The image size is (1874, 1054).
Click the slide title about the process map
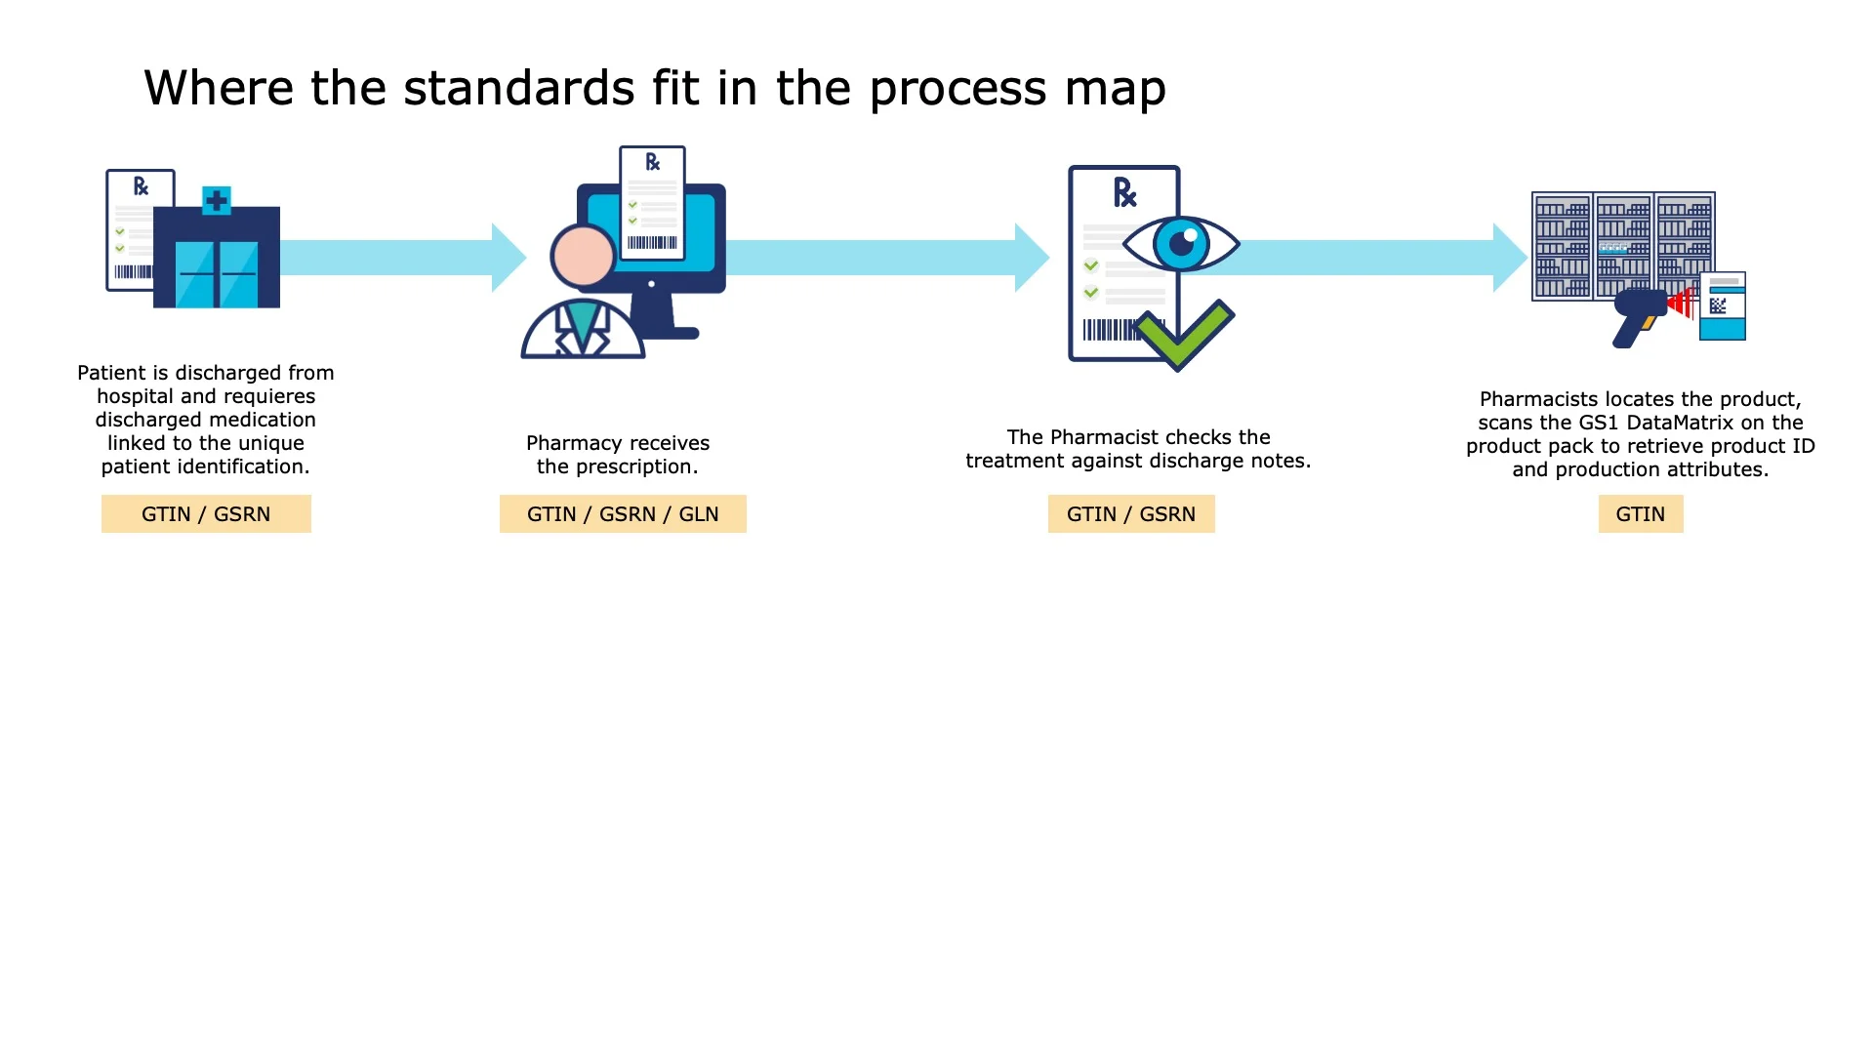click(654, 88)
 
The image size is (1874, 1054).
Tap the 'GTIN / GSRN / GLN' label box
click(623, 514)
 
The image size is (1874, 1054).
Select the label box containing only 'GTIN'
click(1640, 514)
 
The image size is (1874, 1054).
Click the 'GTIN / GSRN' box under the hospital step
click(206, 514)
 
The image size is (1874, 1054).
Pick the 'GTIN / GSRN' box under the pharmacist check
click(1130, 514)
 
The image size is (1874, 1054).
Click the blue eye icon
click(1181, 244)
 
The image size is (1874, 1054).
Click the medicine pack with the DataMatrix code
click(1723, 306)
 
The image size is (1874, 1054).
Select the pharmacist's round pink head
click(583, 256)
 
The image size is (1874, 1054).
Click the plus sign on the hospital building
click(217, 201)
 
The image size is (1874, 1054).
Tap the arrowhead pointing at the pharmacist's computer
click(508, 258)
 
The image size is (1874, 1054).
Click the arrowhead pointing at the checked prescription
click(1031, 258)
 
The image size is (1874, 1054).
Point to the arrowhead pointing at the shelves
click(1509, 258)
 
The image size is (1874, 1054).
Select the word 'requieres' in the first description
click(269, 396)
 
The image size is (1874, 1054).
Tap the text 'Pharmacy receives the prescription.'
click(618, 455)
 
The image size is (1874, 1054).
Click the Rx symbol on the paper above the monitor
click(652, 162)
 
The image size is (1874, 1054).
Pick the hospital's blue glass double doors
click(217, 274)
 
